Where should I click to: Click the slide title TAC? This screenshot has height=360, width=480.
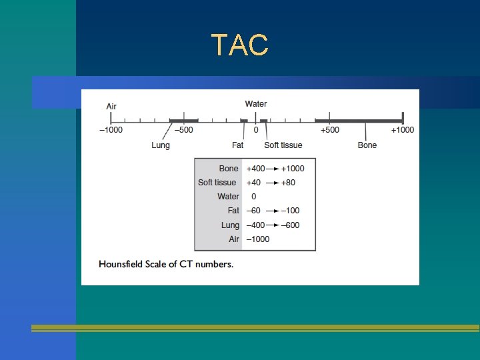point(240,45)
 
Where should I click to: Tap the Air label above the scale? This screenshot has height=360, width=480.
point(111,106)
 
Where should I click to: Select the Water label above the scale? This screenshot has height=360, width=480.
point(256,104)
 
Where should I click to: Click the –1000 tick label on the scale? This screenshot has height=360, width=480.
point(111,130)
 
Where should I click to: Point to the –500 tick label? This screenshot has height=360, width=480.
point(183,130)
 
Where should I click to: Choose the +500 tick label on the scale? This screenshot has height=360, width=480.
point(329,130)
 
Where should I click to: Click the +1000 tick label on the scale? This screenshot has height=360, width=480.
point(402,130)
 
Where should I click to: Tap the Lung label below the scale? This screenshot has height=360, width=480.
point(161,145)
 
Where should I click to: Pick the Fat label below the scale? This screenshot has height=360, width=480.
point(237,145)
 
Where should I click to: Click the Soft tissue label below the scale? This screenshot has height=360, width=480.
point(283,145)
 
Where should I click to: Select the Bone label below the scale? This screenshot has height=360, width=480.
point(367,145)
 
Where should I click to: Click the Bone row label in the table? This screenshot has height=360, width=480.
point(228,169)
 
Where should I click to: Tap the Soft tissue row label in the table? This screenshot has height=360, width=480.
point(217,183)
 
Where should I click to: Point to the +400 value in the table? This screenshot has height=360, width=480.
point(255,169)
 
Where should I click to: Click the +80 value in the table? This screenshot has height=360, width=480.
point(289,183)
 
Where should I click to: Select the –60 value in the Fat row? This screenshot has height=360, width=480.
point(253,211)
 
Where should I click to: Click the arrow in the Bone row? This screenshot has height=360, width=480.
point(271,169)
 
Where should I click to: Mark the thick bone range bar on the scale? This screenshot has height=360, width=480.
point(359,121)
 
